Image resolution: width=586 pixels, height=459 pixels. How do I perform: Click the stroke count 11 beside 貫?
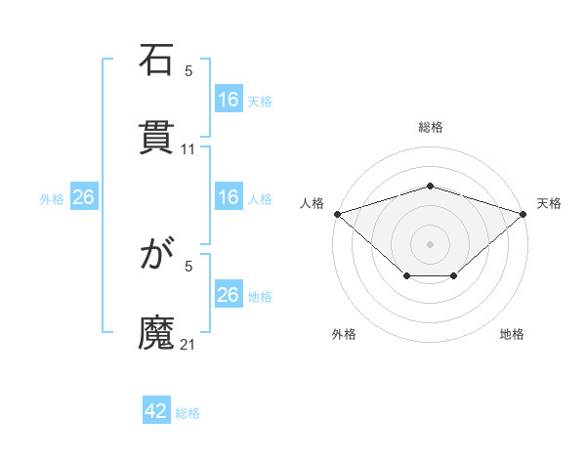pos(188,149)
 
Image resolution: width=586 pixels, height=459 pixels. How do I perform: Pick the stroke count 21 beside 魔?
pos(188,345)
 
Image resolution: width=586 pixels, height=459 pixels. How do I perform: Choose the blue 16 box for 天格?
pos(229,100)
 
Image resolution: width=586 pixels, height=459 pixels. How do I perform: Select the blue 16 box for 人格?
pos(229,197)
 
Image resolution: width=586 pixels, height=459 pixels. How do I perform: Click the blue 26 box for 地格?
pos(229,295)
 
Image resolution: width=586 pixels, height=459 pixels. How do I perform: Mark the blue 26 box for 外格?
pos(83,197)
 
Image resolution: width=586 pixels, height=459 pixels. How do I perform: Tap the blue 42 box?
pos(156,411)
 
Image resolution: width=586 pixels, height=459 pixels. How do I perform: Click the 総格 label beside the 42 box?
pos(188,413)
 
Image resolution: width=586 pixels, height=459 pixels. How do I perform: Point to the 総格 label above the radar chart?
pos(431,127)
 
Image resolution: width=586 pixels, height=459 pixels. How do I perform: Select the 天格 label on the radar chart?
pos(550,203)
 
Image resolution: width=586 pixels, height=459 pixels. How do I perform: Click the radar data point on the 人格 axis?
pos(337,213)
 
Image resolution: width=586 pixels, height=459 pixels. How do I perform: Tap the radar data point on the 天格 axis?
pos(524,213)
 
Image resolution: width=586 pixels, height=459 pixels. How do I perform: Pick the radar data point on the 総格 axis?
pos(431,186)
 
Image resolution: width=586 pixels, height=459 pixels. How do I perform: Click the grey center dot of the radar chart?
pos(431,243)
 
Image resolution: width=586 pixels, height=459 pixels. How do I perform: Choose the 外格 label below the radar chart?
pos(344,334)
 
